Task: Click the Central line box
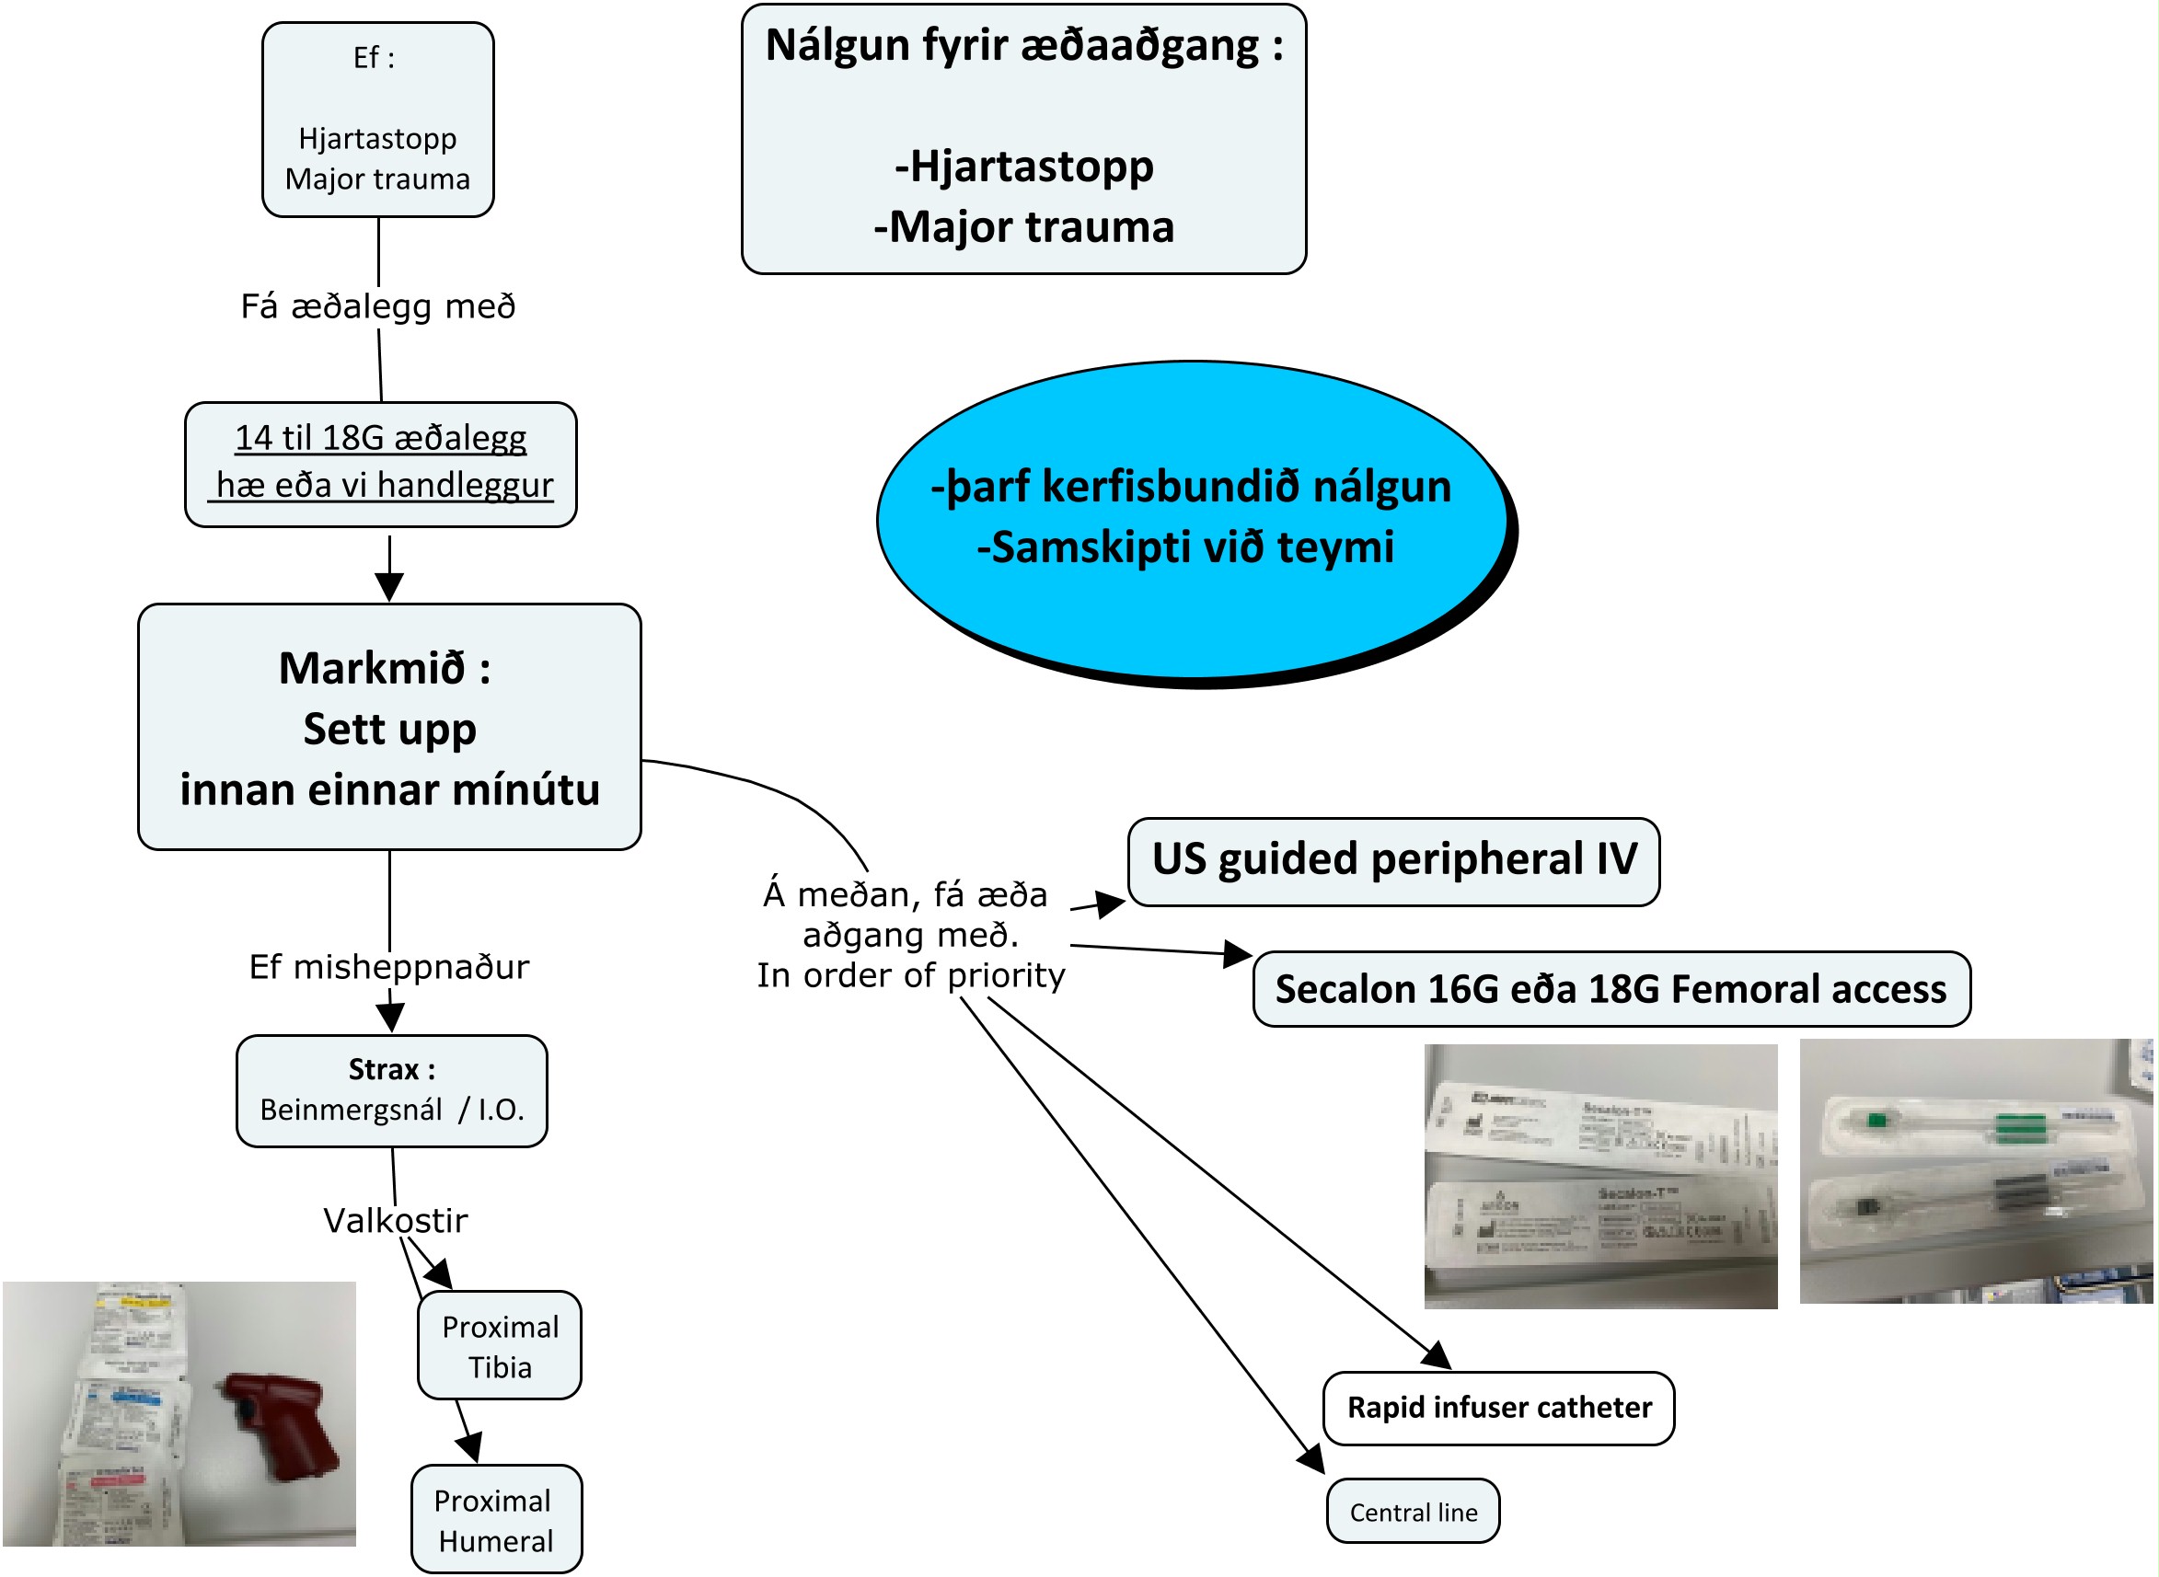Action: (1413, 1511)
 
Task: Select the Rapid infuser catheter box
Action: (1498, 1408)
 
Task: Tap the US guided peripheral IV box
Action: (1393, 861)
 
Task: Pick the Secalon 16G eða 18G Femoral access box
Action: (1610, 989)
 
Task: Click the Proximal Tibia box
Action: (500, 1346)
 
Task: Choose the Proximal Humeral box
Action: (496, 1520)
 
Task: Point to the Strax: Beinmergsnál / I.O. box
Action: (391, 1090)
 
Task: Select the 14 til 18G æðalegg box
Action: (380, 463)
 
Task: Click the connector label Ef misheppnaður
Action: (388, 966)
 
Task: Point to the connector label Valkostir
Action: (396, 1220)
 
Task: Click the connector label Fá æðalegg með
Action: (377, 306)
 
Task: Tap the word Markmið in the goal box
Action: (372, 668)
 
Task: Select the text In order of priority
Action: (910, 975)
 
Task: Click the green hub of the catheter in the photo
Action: (1878, 1118)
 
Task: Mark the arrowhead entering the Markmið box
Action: (388, 587)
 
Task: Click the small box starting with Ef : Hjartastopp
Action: (377, 120)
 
